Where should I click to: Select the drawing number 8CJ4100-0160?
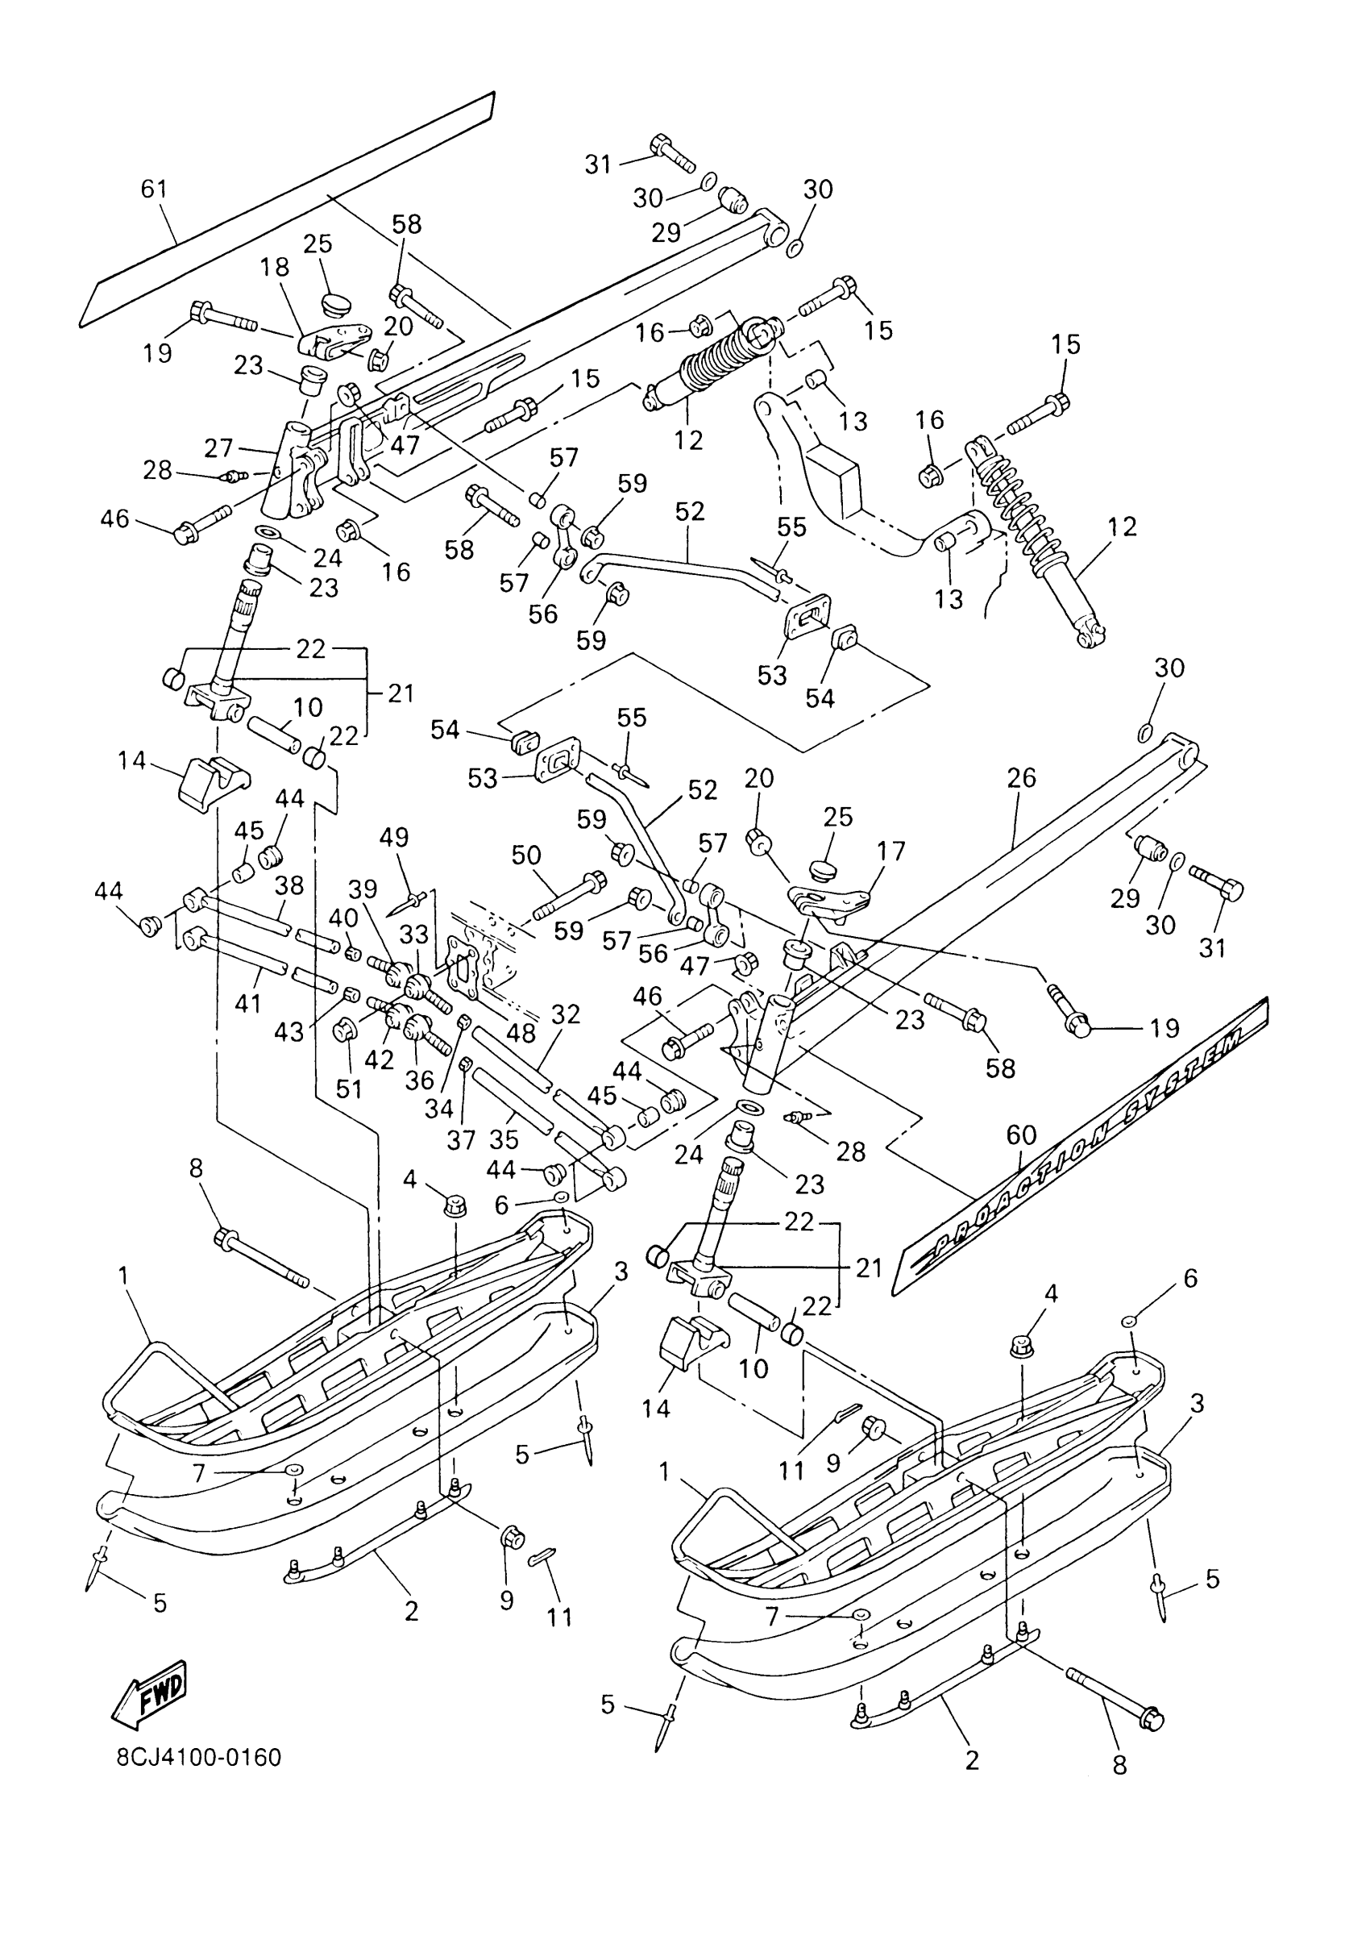198,1759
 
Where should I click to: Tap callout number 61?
154,189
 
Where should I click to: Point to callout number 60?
1021,1134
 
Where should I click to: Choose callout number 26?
1021,777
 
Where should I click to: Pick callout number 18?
276,267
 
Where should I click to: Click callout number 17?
890,850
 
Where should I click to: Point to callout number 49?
393,837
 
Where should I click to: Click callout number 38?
289,885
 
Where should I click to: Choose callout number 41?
248,1003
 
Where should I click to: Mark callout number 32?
566,1014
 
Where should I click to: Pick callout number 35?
504,1139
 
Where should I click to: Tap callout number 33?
414,935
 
